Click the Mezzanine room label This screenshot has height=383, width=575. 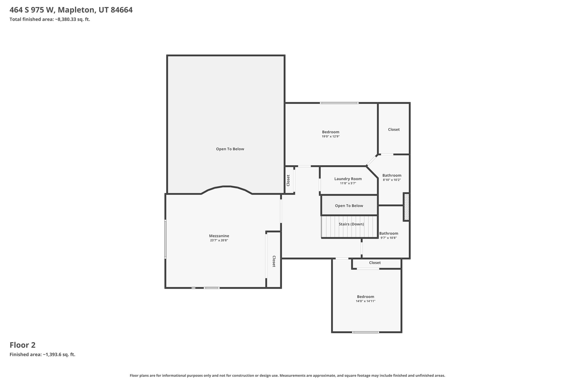coord(219,236)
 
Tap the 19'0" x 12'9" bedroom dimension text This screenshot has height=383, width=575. coord(331,137)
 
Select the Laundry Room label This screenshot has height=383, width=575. coord(348,179)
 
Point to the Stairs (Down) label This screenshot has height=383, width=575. coord(351,224)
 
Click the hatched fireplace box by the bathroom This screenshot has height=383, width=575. coord(406,207)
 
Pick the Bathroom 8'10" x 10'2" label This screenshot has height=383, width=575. coord(392,176)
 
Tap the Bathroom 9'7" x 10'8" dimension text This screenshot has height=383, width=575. coord(389,238)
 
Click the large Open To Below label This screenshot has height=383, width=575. coord(230,149)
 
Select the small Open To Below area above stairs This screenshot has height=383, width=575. coord(349,206)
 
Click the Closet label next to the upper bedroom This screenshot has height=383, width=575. coord(394,129)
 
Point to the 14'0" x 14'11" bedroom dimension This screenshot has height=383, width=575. coord(366,301)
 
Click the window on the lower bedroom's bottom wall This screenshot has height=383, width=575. coord(366,332)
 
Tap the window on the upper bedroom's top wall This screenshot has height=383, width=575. coord(339,103)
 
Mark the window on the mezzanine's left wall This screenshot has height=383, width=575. coord(165,239)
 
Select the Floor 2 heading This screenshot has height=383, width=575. coord(22,345)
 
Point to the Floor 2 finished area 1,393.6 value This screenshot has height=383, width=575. coord(59,354)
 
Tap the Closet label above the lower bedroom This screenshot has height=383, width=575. coord(375,263)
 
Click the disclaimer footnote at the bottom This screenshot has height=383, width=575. coord(287,375)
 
